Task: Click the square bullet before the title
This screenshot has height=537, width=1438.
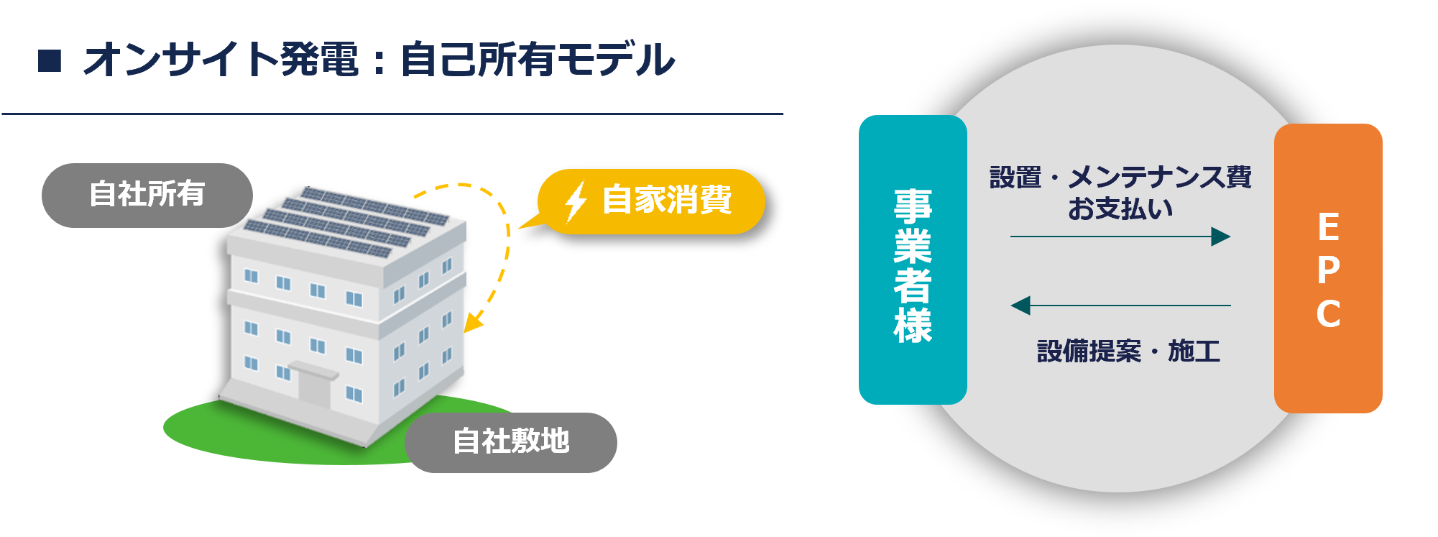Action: (x=50, y=60)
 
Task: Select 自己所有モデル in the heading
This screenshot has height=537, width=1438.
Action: (x=538, y=60)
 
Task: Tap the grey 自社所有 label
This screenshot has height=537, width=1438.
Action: (x=147, y=196)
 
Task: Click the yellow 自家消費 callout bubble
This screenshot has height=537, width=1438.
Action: (x=651, y=201)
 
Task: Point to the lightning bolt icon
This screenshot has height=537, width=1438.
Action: (x=576, y=201)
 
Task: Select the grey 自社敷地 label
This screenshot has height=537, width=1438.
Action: (x=511, y=442)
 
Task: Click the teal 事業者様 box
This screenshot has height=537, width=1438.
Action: (x=913, y=260)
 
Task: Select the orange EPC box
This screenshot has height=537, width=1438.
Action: (x=1328, y=268)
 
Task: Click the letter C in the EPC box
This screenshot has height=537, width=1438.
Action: (x=1328, y=314)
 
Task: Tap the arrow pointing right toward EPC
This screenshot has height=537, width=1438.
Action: (x=1120, y=237)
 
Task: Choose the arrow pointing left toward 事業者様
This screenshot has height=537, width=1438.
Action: (x=1120, y=306)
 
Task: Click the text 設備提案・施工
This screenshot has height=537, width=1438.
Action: (x=1128, y=352)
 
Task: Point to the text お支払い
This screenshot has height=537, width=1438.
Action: (x=1120, y=208)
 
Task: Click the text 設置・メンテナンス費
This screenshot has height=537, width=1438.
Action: (x=1120, y=177)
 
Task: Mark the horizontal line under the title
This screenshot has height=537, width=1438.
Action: (x=392, y=114)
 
